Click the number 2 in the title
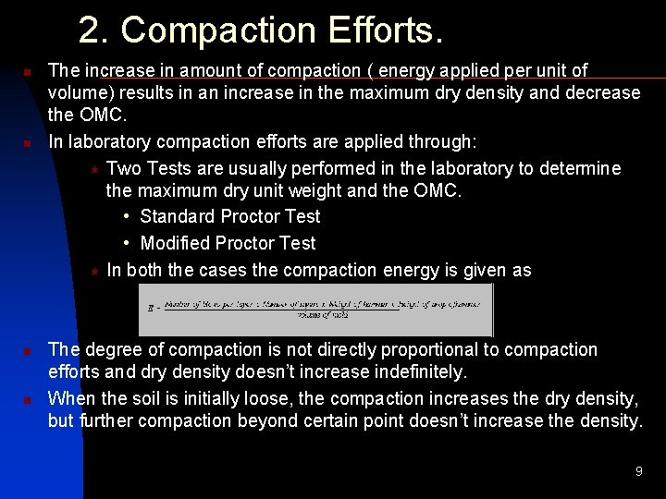pyautogui.click(x=90, y=30)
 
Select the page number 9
pyautogui.click(x=638, y=471)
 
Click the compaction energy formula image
pyautogui.click(x=315, y=310)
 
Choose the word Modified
pyautogui.click(x=175, y=243)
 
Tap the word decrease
pyautogui.click(x=597, y=92)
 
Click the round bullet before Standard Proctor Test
pyautogui.click(x=126, y=217)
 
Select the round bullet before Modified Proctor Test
pyautogui.click(x=126, y=244)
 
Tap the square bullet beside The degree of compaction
pyautogui.click(x=28, y=351)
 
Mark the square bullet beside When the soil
pyautogui.click(x=28, y=400)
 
